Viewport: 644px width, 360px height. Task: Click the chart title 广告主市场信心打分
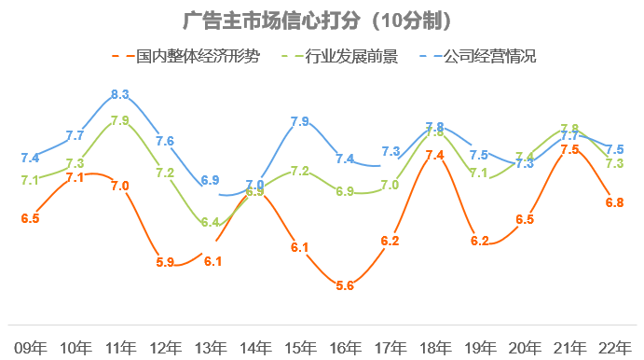tap(322, 20)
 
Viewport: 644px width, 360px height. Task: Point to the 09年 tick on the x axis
tap(30, 346)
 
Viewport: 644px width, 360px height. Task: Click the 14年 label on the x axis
tap(254, 346)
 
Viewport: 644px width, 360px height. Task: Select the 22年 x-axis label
tap(613, 346)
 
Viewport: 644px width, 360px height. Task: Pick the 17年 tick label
tap(390, 346)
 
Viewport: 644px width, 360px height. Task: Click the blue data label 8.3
tap(119, 94)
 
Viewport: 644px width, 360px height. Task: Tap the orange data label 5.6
tap(345, 285)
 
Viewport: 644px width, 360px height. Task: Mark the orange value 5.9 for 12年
tap(165, 262)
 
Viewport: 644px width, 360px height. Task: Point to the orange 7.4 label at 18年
tap(434, 155)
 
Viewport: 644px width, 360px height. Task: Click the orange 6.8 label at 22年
tap(613, 201)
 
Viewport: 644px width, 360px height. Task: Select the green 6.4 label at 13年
tap(210, 222)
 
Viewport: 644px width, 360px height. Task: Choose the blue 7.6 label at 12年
tap(165, 142)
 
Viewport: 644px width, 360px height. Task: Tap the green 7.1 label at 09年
tap(30, 180)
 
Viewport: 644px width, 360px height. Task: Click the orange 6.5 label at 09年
tap(30, 218)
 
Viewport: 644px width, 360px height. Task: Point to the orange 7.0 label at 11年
tap(119, 186)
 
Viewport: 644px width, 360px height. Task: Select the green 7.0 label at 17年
tap(390, 185)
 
